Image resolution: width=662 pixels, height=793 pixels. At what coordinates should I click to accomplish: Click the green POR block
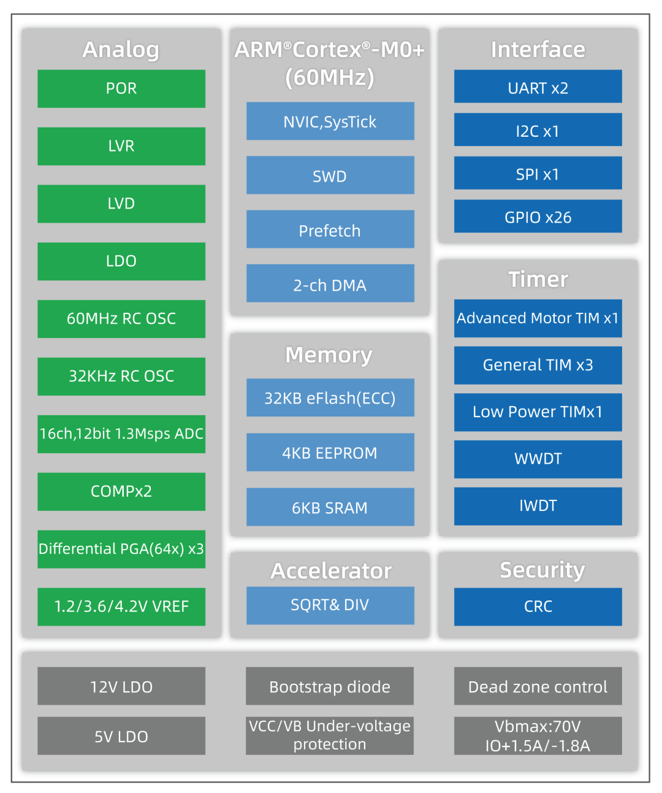121,89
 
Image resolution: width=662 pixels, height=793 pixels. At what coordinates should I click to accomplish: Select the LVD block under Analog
121,204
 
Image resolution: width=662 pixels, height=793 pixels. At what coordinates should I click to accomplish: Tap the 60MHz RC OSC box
121,319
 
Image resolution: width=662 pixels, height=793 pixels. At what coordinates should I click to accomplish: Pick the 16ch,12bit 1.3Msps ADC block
121,434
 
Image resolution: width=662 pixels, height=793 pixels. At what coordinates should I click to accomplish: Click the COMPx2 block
121,491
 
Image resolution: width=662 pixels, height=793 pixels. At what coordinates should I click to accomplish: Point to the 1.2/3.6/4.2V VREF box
121,607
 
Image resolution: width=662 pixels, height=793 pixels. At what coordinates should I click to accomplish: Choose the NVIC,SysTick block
330,121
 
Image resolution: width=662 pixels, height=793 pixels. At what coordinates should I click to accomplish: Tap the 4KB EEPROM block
330,453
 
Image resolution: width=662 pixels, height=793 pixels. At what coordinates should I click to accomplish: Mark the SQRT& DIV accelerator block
330,605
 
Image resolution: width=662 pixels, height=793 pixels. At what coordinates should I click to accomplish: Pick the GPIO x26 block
538,216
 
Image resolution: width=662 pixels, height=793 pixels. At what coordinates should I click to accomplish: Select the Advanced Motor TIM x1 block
538,318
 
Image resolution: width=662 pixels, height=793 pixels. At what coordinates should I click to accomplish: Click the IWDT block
538,506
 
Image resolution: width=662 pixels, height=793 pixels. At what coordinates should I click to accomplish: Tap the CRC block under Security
538,607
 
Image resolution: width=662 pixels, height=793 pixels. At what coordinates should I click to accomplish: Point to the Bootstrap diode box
330,686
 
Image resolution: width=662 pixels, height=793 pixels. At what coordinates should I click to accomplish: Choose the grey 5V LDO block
121,736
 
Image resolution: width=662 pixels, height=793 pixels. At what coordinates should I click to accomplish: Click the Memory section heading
329,355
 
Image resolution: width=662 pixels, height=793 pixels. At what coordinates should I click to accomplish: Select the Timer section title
538,280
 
